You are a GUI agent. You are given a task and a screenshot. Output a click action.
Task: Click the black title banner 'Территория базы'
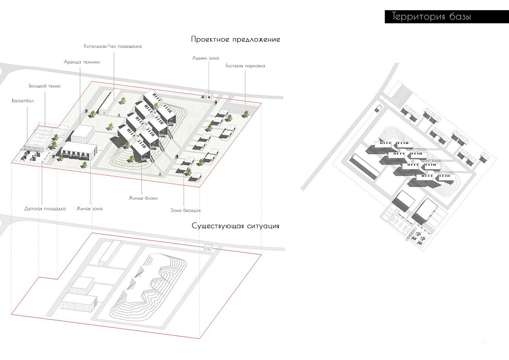click(x=447, y=17)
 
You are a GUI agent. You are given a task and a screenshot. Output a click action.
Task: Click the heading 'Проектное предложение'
click(x=235, y=40)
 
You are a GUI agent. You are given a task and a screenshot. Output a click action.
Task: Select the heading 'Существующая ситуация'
click(x=235, y=226)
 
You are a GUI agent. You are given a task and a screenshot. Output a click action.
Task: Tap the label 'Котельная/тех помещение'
click(x=112, y=46)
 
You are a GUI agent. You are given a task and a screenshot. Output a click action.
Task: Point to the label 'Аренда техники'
click(x=82, y=62)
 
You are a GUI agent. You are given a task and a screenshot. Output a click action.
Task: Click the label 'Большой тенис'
click(x=44, y=86)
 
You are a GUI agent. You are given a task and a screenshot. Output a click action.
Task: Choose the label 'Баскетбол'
click(x=23, y=101)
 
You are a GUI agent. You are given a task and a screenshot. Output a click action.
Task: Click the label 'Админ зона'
click(x=206, y=58)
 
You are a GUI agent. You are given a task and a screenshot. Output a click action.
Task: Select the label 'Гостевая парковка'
click(x=245, y=66)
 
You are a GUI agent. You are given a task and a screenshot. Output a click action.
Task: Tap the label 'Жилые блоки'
click(x=143, y=198)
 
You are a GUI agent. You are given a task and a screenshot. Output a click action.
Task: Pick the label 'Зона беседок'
click(x=185, y=210)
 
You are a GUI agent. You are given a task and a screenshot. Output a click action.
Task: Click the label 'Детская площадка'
click(x=45, y=209)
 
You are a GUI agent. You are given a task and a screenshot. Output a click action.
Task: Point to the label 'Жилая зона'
click(x=89, y=209)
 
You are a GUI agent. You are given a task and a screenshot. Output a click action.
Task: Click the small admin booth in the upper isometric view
click(x=208, y=96)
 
